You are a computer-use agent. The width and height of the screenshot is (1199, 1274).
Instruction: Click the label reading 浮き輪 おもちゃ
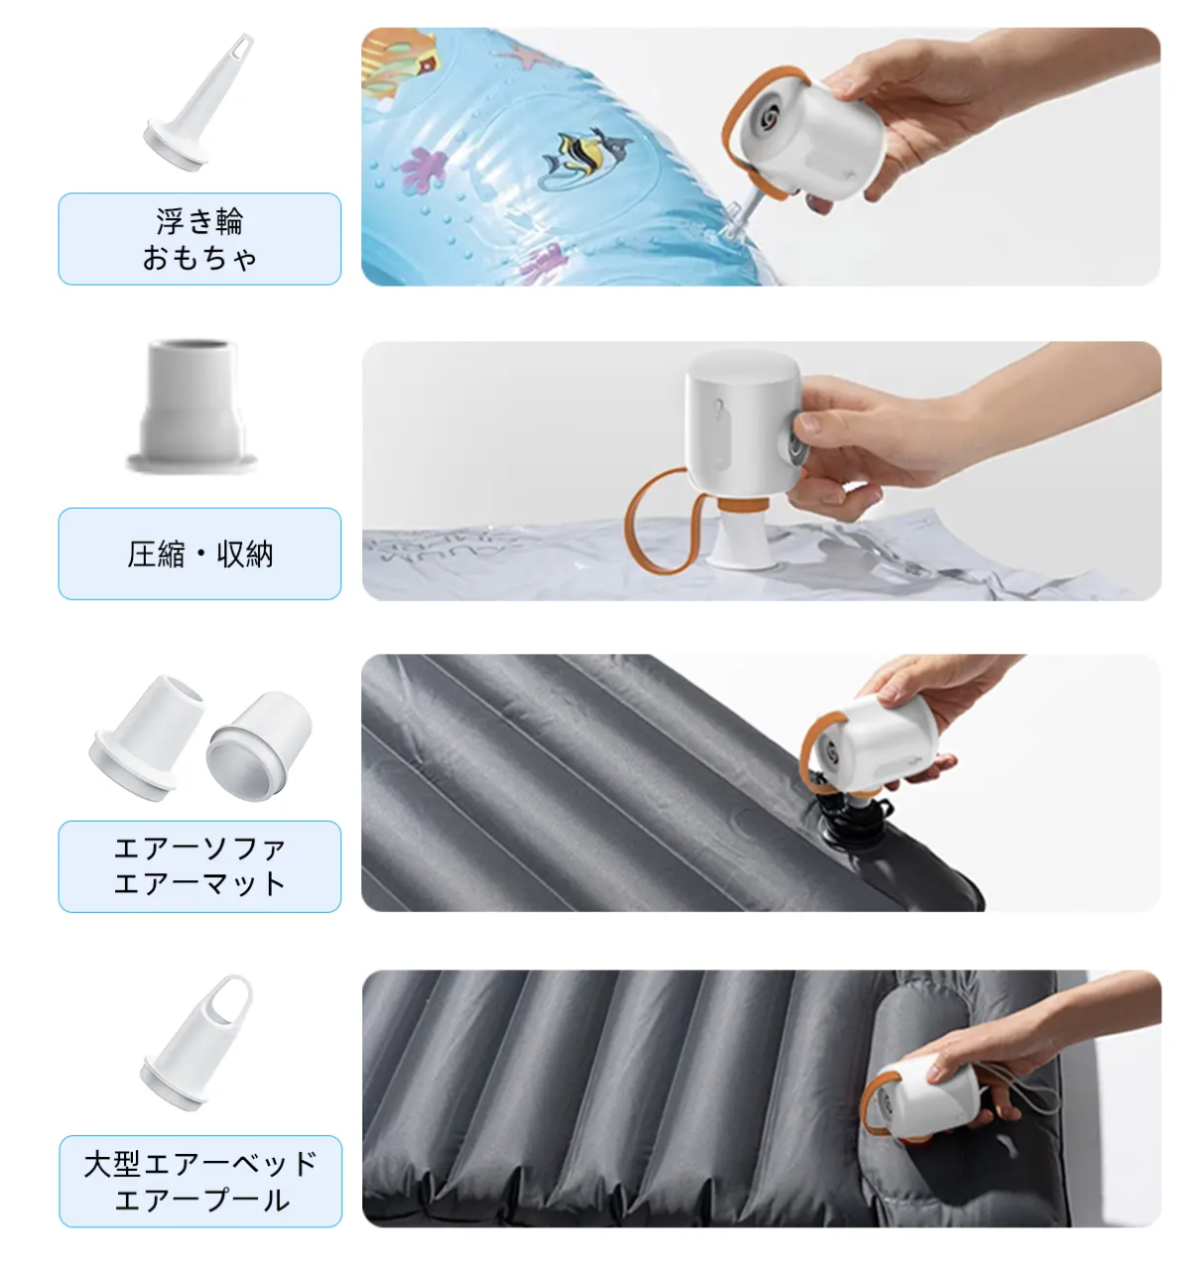pos(199,239)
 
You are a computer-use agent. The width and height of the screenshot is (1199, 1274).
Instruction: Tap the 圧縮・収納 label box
pos(199,554)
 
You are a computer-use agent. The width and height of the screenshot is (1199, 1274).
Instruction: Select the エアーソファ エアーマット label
pos(199,866)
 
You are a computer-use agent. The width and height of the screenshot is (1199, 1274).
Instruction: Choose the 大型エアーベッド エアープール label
pos(200,1181)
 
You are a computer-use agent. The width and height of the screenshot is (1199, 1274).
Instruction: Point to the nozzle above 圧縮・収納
pos(192,407)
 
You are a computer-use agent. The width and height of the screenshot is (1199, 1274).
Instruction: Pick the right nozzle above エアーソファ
pos(259,746)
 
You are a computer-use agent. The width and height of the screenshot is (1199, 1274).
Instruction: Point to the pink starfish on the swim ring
pos(525,57)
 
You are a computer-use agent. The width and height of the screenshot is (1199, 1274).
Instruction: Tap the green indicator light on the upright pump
pos(721,459)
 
